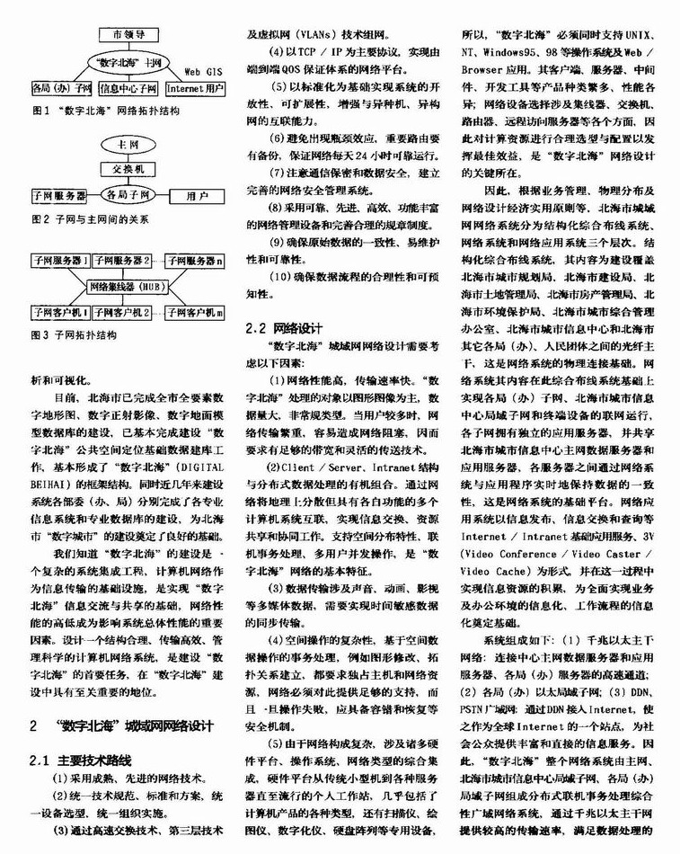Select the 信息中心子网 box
tap(128, 89)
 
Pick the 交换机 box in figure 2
tap(127, 169)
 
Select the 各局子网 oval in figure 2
tap(127, 194)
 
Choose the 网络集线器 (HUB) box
tap(127, 287)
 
